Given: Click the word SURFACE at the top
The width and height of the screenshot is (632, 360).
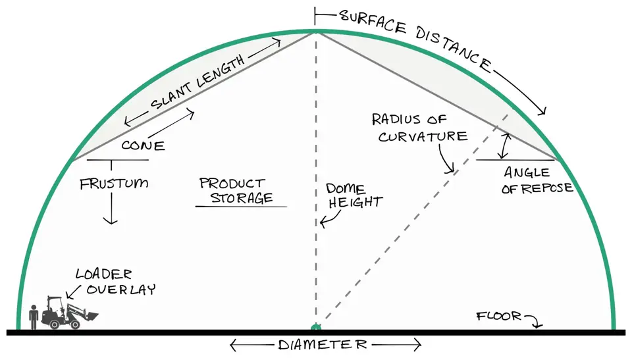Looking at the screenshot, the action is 373,22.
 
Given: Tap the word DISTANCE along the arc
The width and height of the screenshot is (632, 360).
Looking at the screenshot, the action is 454,51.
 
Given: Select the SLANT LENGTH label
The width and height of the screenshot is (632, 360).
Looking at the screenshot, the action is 197,82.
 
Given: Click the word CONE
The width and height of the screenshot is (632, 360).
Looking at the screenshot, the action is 143,145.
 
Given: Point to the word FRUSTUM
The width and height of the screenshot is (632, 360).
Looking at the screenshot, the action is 114,184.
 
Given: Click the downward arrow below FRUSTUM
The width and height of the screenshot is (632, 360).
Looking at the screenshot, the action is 111,208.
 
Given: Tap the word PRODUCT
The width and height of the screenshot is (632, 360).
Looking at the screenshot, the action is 232,184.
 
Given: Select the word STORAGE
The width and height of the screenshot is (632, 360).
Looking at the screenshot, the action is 242,198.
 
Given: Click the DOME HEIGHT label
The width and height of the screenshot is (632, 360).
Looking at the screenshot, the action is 354,195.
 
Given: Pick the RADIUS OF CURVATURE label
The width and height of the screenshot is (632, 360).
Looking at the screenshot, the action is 419,128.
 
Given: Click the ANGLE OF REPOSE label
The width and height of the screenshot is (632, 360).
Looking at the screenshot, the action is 537,180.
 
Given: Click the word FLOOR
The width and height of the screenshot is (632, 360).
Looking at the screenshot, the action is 498,316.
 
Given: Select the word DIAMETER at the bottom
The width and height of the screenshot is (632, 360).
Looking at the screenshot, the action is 323,345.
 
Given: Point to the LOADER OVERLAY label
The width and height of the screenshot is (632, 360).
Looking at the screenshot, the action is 115,282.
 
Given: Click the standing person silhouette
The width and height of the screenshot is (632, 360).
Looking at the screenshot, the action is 34,317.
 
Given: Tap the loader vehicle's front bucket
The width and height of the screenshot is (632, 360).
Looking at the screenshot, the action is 90,316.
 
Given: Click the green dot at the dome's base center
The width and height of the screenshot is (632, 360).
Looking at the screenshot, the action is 316,327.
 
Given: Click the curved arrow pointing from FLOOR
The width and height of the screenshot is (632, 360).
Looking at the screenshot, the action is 533,321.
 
